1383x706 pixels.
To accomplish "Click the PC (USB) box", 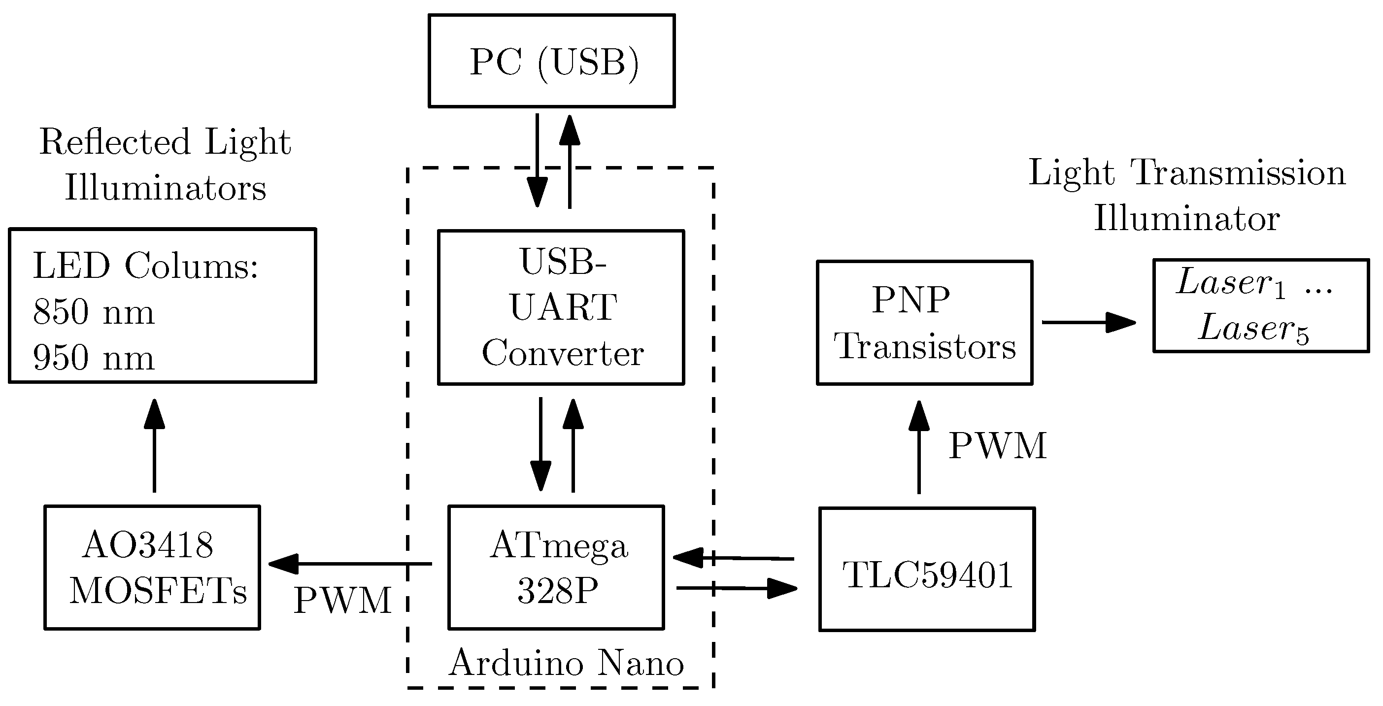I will tap(551, 61).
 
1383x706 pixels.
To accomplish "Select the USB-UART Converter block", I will tap(561, 307).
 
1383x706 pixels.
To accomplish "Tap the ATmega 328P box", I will tap(556, 568).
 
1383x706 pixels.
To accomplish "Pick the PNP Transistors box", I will tap(924, 323).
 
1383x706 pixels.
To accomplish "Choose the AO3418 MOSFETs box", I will tap(152, 568).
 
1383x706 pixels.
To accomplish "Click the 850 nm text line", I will tap(94, 312).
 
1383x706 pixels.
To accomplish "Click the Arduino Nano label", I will tap(567, 663).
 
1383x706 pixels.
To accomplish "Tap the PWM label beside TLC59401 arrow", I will tap(998, 445).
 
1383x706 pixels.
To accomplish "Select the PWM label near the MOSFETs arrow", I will tap(342, 600).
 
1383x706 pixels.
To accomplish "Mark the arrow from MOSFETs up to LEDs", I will tap(155, 445).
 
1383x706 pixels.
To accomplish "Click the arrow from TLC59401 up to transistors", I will tap(919, 447).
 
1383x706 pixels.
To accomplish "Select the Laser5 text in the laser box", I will tap(1254, 329).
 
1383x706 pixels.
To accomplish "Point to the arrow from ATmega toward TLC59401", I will tap(737, 588).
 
